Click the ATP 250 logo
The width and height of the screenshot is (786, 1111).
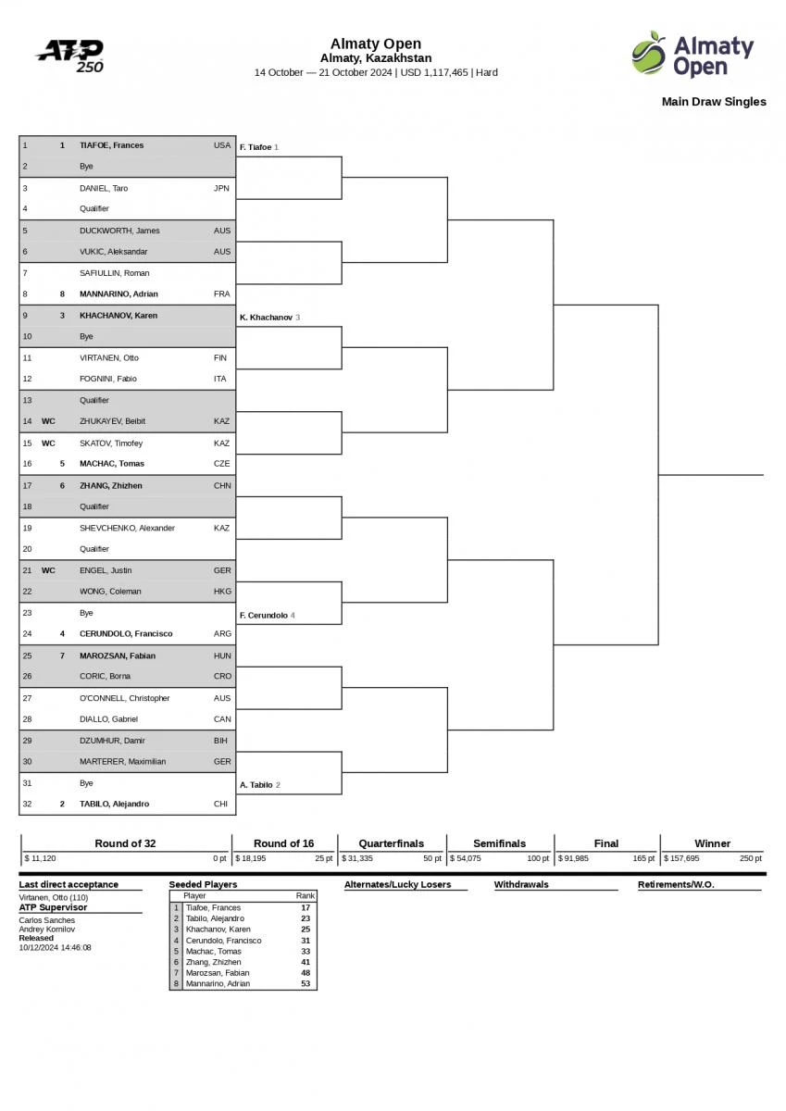tap(71, 55)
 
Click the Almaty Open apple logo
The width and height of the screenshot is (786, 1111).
tap(649, 53)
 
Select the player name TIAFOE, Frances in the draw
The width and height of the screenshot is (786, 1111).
tap(111, 145)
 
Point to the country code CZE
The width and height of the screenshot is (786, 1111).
tap(221, 464)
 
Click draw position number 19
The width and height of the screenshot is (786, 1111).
tap(27, 528)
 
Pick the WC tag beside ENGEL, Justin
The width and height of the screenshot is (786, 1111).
tap(48, 570)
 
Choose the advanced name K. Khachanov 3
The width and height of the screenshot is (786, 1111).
tap(269, 318)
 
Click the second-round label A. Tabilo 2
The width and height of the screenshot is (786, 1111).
tap(259, 785)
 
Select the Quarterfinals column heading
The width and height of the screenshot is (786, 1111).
tap(392, 843)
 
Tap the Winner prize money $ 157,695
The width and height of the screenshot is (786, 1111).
tap(681, 858)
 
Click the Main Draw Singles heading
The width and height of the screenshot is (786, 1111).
tap(713, 102)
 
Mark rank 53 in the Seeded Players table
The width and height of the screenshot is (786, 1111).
tap(306, 983)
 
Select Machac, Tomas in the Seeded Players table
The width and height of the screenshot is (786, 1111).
tap(213, 951)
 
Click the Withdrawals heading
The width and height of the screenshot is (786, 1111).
tap(521, 884)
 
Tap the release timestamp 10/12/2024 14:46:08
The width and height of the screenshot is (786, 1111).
tap(56, 947)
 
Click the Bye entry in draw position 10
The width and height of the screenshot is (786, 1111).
tap(86, 337)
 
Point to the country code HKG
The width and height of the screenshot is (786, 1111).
tap(222, 592)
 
